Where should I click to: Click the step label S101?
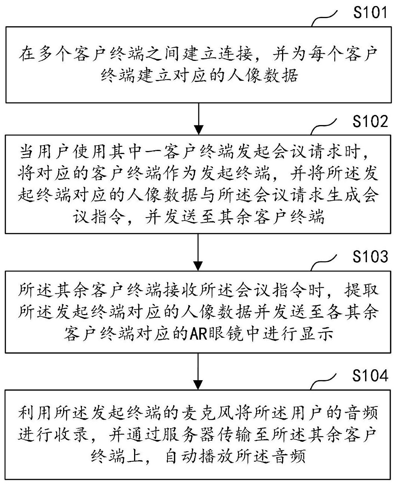pos(370,12)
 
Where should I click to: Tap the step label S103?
pos(370,256)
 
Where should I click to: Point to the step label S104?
pos(370,376)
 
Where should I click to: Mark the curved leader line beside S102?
pos(324,127)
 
